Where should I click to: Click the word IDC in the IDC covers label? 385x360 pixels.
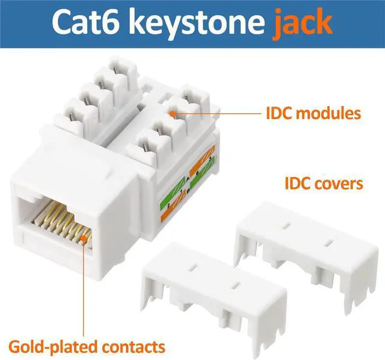point(297,182)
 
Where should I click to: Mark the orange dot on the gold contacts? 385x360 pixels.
point(81,241)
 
